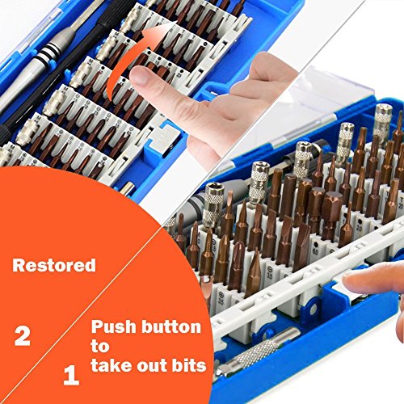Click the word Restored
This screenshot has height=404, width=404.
tap(54, 265)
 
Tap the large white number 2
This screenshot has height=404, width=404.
tap(23, 335)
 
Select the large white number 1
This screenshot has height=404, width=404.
tap(71, 375)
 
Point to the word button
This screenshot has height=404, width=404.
tap(171, 326)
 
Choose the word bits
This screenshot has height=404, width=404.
tap(189, 365)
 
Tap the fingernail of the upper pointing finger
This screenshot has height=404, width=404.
tap(139, 75)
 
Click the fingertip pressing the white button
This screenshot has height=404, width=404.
tap(351, 281)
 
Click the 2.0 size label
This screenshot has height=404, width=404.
tap(359, 228)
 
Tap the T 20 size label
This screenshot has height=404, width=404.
tap(401, 204)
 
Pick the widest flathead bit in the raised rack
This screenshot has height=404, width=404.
tap(302, 244)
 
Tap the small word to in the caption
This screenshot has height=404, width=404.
tap(100, 347)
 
